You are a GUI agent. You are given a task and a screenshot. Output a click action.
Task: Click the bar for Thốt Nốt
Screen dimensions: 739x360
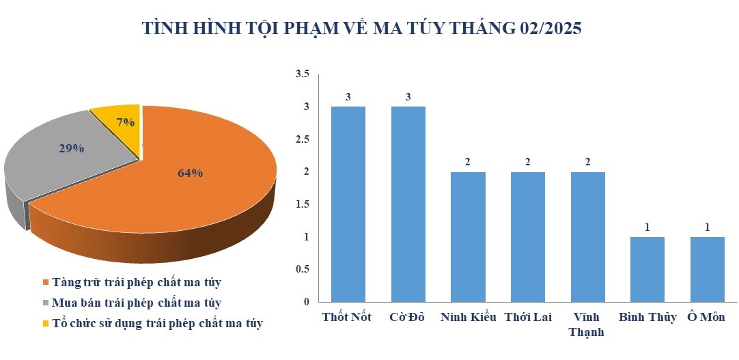tap(348, 204)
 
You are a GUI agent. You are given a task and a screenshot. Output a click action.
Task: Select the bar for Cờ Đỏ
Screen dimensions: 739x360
tap(408, 204)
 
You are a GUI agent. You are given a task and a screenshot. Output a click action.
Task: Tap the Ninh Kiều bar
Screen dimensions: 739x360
tap(468, 237)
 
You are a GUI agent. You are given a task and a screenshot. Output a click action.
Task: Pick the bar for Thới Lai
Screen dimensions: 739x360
tap(528, 237)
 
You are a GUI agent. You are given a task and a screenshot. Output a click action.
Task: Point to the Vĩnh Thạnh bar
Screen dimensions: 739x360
tap(587, 237)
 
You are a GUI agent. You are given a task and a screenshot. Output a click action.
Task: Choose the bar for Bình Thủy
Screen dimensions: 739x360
tap(647, 270)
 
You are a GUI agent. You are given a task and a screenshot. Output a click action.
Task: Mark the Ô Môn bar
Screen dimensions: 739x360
tap(708, 270)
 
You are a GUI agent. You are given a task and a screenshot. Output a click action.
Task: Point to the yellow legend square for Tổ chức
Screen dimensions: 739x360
tap(46, 324)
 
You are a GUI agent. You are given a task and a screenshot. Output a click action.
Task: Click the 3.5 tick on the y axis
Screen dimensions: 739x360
tap(302, 74)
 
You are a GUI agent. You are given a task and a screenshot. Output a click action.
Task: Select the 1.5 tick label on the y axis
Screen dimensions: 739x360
tap(302, 204)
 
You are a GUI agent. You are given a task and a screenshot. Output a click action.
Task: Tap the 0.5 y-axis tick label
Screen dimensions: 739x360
tap(302, 270)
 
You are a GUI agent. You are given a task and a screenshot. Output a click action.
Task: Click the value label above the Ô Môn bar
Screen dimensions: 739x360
tap(708, 227)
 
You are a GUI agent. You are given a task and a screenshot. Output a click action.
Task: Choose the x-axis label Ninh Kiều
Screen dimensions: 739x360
tap(468, 318)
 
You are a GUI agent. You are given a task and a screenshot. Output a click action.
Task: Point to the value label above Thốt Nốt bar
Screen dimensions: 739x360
tap(348, 97)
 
